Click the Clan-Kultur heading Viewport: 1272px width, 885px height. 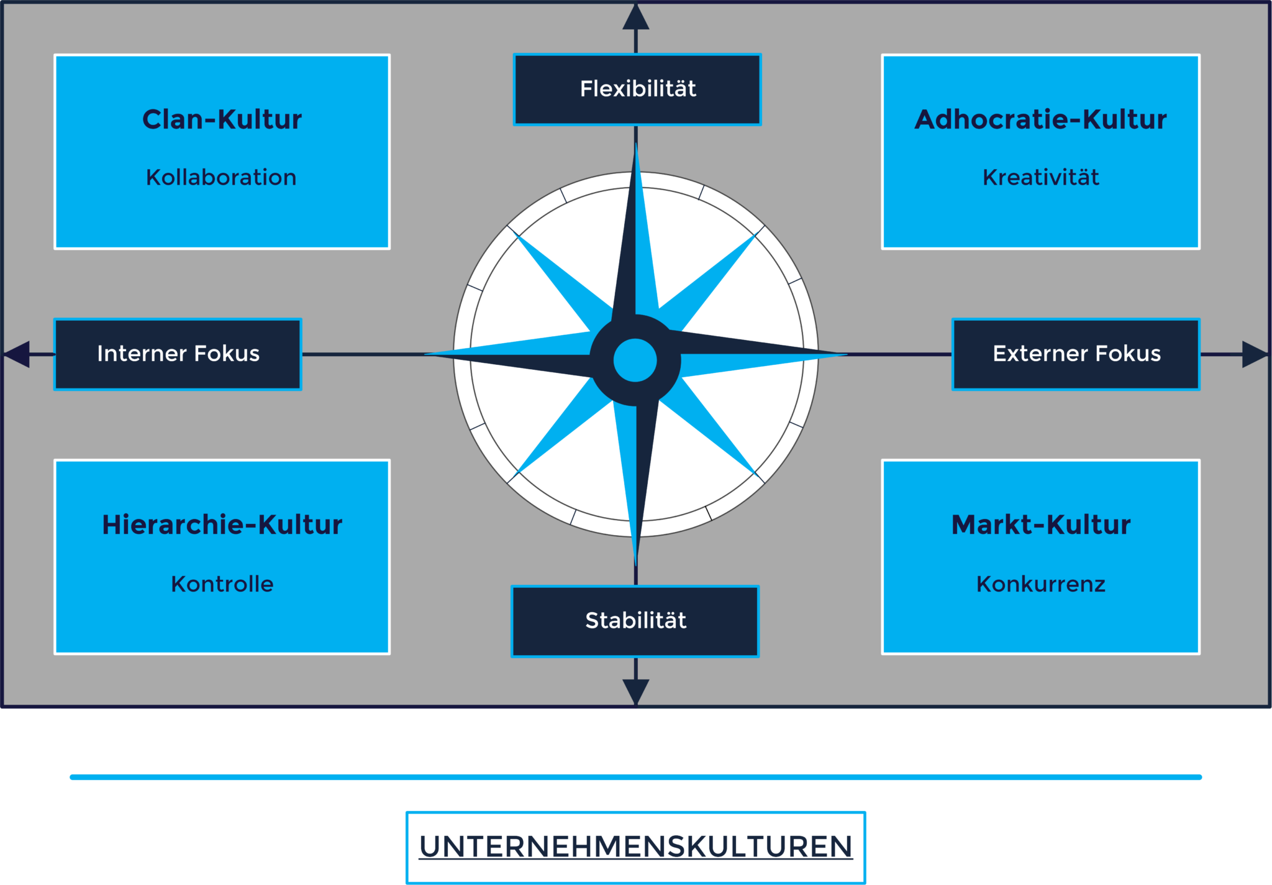point(222,119)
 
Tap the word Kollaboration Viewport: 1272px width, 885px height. point(221,178)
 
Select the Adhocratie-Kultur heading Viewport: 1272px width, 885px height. point(1040,119)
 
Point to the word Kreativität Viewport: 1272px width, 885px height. point(1040,178)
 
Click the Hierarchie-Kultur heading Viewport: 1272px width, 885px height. point(222,525)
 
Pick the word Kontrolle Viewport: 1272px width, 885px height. point(222,584)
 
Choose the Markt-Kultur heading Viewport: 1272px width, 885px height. point(1040,525)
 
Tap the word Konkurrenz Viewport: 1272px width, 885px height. point(1040,584)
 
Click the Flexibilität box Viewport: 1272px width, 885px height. point(637,89)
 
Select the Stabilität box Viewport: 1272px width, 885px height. point(635,621)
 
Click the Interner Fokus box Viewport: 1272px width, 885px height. point(178,354)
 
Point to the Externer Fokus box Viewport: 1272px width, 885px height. point(1076,354)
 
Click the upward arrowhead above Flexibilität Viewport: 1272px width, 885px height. point(636,17)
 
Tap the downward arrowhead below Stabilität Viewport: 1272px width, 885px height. point(636,691)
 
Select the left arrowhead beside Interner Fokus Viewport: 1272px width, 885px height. point(17,354)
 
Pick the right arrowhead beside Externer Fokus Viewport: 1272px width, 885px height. point(1254,354)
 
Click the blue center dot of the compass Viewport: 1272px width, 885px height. point(635,360)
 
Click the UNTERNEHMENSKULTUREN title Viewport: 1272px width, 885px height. point(635,846)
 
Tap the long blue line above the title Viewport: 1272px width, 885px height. point(635,777)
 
